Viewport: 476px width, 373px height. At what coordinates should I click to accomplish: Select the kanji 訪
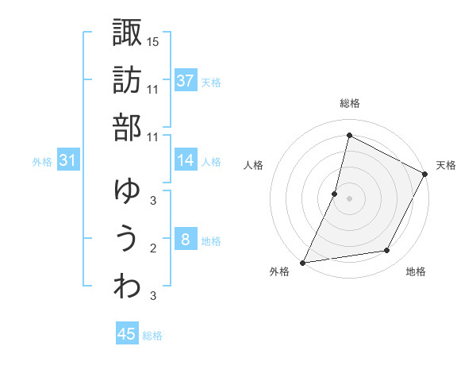127,80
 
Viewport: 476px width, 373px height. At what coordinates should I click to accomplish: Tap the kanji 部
127,128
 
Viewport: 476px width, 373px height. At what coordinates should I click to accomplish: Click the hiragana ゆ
127,190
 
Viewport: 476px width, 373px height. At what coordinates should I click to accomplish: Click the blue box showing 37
186,80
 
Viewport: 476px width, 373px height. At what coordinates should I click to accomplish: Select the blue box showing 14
186,160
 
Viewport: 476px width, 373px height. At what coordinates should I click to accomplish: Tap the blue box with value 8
186,240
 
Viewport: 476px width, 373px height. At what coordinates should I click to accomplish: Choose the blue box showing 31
68,160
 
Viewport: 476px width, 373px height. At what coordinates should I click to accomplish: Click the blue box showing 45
127,334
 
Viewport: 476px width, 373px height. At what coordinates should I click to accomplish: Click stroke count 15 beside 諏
153,40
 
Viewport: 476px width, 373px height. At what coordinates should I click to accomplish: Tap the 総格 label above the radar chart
349,103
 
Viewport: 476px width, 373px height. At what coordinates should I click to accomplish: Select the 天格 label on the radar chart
446,165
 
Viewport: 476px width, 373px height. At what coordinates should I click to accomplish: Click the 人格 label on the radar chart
253,165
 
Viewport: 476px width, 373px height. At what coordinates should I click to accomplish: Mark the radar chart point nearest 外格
302,263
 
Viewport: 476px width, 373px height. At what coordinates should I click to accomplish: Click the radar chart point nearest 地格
387,251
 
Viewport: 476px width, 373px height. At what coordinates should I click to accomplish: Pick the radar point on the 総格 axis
349,135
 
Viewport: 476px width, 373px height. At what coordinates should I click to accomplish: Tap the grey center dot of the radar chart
349,198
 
